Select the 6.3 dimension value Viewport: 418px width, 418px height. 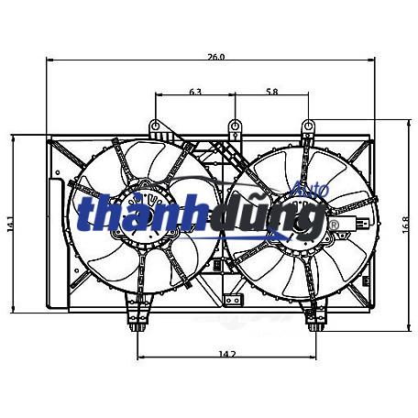194,92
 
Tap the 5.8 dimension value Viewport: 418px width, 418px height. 271,92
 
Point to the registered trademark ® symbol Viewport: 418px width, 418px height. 333,223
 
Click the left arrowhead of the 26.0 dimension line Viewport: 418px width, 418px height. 49,60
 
